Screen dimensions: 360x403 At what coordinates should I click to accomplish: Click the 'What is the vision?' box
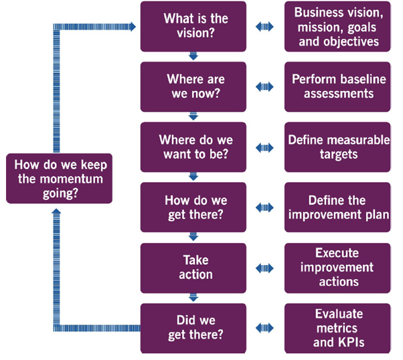[193, 27]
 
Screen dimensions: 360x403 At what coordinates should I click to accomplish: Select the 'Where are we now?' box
[193, 87]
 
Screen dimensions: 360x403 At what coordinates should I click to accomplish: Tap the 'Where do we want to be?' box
[193, 147]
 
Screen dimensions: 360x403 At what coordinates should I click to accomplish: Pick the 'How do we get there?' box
[193, 207]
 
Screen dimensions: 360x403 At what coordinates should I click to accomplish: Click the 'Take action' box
[193, 267]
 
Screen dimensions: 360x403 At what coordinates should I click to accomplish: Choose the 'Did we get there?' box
[193, 328]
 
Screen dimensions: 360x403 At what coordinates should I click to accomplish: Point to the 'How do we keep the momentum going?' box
[60, 178]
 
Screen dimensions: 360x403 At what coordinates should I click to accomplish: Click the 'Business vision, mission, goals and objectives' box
[337, 27]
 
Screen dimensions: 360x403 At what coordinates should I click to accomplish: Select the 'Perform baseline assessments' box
[337, 87]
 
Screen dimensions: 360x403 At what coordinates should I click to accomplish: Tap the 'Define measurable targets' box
[337, 147]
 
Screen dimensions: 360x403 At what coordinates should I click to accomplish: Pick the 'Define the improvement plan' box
[337, 207]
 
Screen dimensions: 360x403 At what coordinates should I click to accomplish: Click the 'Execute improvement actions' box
[337, 267]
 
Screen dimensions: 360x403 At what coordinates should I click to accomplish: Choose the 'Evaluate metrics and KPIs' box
[337, 328]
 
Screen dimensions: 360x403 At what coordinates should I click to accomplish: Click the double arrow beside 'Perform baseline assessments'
[265, 87]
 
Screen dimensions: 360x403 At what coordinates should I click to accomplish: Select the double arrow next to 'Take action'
[265, 268]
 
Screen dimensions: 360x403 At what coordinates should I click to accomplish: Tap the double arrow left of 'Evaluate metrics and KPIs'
[265, 328]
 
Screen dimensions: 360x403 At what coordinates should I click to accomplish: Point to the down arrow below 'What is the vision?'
[193, 56]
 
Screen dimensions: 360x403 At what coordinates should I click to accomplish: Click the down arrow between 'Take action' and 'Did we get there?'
[193, 298]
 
